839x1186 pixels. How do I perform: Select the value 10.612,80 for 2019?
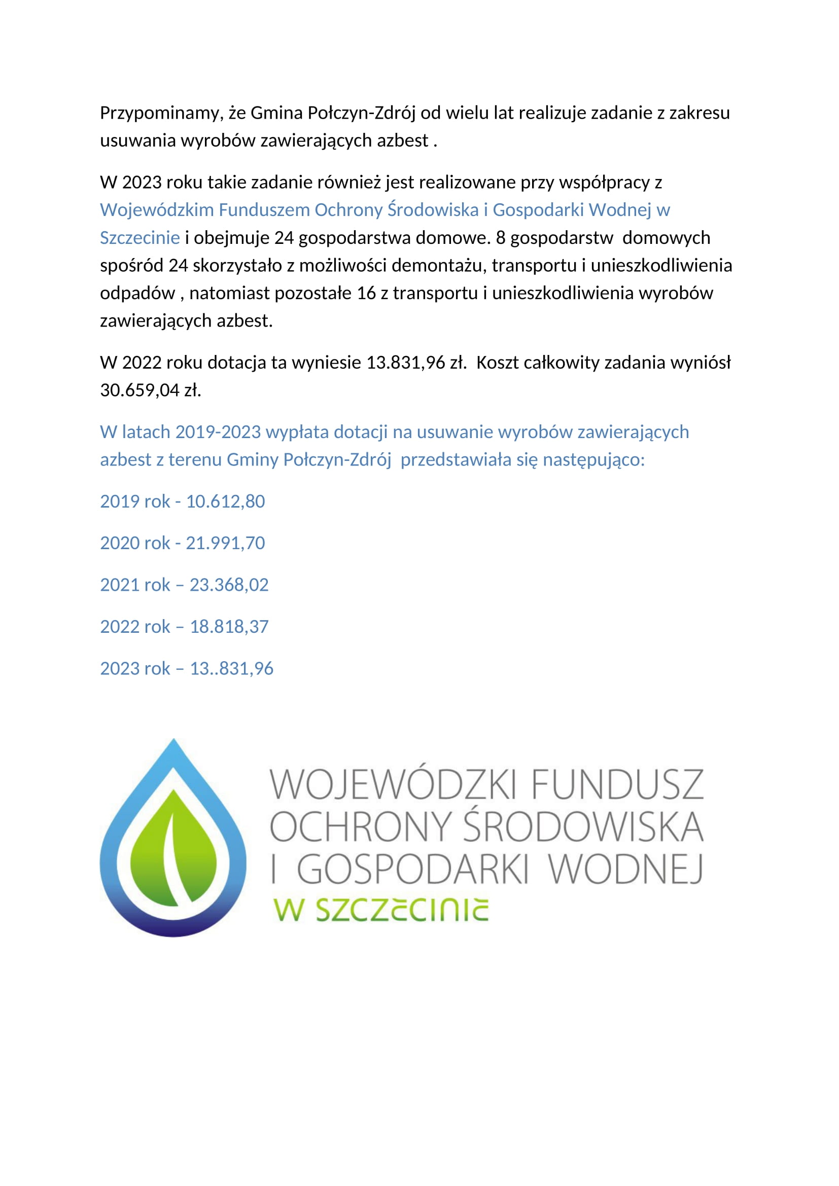[x=225, y=501]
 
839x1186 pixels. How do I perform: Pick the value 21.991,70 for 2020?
[x=225, y=543]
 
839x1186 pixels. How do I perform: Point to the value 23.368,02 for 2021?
[x=229, y=585]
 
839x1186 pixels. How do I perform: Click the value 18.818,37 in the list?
[x=229, y=627]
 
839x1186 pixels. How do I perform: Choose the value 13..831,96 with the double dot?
[x=231, y=668]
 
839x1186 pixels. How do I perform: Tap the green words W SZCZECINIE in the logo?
[x=381, y=910]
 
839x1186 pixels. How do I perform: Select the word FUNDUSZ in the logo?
[x=617, y=784]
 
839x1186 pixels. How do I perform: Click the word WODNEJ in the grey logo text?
[x=625, y=870]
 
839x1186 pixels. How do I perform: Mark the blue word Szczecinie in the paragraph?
[x=139, y=238]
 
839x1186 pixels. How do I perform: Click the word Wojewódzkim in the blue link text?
[x=157, y=210]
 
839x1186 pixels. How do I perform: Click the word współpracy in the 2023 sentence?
[x=605, y=183]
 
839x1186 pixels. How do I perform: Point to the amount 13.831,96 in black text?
[x=406, y=363]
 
